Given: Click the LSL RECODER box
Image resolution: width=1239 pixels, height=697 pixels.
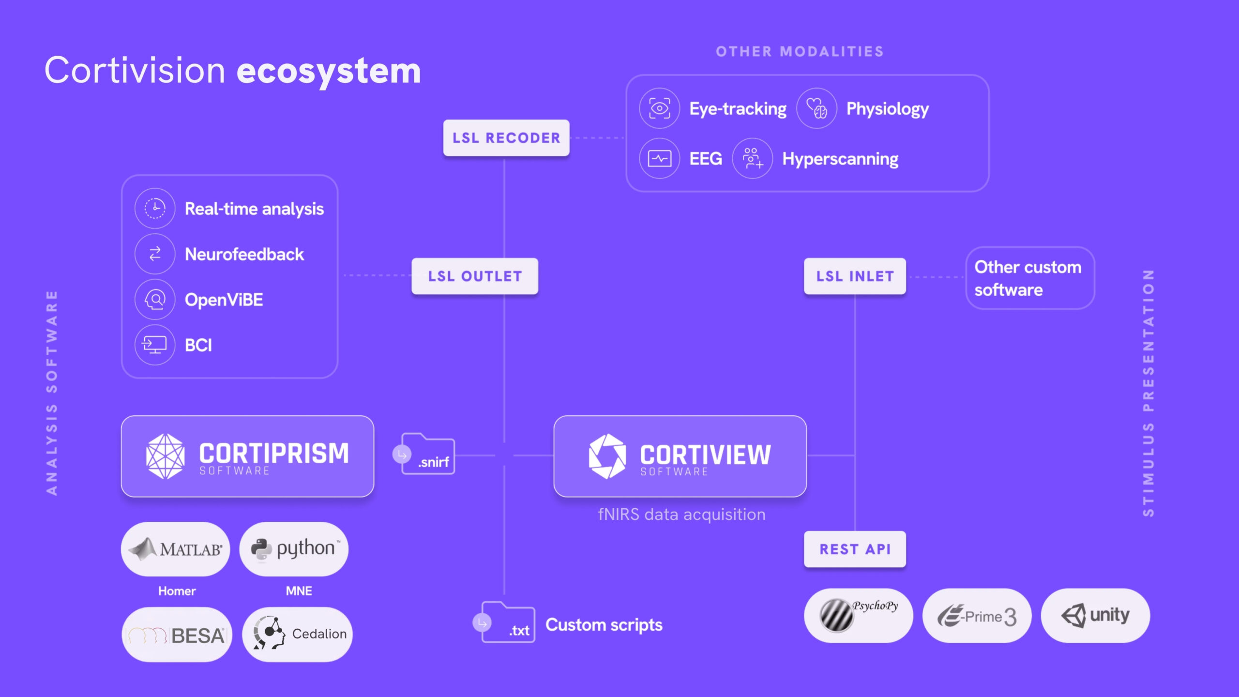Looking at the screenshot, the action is pyautogui.click(x=506, y=138).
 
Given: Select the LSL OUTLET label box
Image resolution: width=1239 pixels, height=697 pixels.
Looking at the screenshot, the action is pyautogui.click(x=475, y=276).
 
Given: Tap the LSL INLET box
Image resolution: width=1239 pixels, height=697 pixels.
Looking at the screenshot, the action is pyautogui.click(x=855, y=276).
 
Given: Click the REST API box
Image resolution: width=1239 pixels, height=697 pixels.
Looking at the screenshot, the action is pyautogui.click(x=855, y=549).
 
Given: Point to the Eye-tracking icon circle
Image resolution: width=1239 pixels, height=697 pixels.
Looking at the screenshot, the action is pyautogui.click(x=659, y=108).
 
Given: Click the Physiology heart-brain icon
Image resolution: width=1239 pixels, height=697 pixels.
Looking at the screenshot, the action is pyautogui.click(x=816, y=108).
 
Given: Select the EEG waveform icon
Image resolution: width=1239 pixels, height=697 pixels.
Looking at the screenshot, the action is pyautogui.click(x=659, y=158).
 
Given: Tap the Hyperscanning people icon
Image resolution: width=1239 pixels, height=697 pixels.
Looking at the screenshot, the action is pyautogui.click(x=752, y=158).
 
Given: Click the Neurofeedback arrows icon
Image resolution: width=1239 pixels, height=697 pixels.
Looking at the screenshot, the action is pyautogui.click(x=155, y=254).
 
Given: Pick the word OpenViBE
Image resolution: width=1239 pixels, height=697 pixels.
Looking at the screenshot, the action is pyautogui.click(x=224, y=300).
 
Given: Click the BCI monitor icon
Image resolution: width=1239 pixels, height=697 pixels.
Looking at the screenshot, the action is pyautogui.click(x=155, y=345).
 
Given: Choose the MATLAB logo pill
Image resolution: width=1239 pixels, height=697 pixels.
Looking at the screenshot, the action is pyautogui.click(x=175, y=549).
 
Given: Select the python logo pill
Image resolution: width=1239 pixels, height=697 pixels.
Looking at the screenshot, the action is pyautogui.click(x=294, y=549).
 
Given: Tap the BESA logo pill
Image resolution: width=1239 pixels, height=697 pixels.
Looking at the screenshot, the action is pyautogui.click(x=177, y=635).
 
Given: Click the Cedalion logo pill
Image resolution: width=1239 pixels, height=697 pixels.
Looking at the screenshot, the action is pyautogui.click(x=297, y=635).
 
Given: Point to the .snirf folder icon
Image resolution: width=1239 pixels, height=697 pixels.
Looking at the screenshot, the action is pyautogui.click(x=428, y=454).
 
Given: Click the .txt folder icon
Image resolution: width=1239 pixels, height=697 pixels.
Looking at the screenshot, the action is pyautogui.click(x=508, y=622).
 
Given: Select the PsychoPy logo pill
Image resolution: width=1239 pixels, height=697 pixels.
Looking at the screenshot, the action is pyautogui.click(x=859, y=616).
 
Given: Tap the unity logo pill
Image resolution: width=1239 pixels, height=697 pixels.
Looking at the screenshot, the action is pyautogui.click(x=1095, y=616).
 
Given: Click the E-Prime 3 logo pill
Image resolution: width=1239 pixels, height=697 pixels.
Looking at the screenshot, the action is pyautogui.click(x=977, y=616).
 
